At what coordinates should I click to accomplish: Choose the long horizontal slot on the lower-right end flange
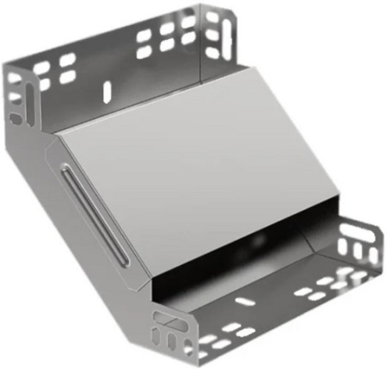(x=361, y=236)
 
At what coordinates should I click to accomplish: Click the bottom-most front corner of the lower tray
(x=192, y=361)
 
